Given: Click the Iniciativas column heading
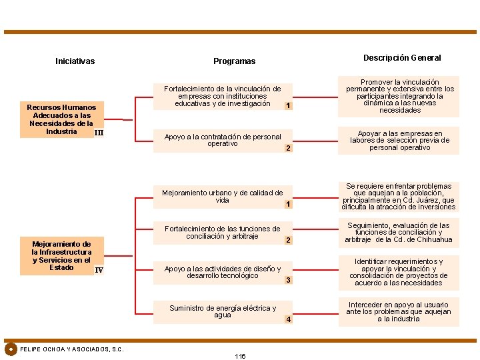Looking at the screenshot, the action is (75, 61).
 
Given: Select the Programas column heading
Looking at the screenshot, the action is (234, 61).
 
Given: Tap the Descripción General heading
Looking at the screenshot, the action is (402, 58).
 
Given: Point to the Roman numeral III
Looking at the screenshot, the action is (99, 133).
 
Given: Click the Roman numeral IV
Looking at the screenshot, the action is (99, 270).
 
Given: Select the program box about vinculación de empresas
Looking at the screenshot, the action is (222, 96).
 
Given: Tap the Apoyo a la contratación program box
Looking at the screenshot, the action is (222, 140).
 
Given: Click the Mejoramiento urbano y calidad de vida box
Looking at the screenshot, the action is (222, 196).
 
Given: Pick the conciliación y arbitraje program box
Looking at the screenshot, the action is (222, 233).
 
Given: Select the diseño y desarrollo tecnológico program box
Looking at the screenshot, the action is (222, 272).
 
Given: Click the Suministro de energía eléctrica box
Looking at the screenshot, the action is (222, 311).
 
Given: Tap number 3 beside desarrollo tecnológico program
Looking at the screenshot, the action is (288, 280).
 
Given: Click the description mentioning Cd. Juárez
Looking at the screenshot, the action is (399, 197).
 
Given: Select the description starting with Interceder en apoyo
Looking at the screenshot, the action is (399, 311).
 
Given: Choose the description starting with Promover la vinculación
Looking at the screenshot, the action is (399, 96).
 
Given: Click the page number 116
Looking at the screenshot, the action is (240, 356).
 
